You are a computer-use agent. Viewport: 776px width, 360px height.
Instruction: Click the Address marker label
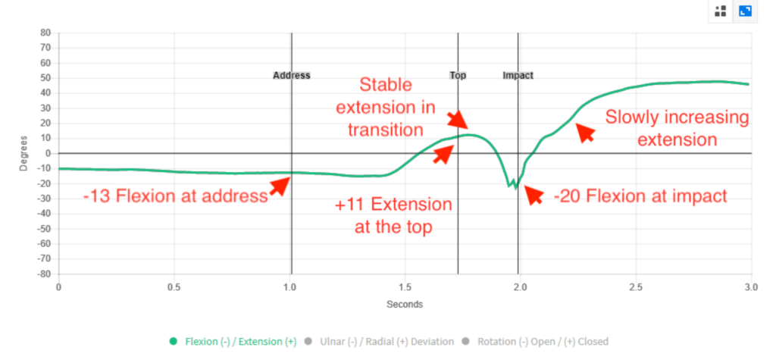291,76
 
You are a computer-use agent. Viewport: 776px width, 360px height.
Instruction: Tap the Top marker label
458,76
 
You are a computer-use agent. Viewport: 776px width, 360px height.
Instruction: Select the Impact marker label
518,76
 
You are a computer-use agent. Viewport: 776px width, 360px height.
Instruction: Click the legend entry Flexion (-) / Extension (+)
233,341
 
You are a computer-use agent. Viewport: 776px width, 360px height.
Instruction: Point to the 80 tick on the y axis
45,33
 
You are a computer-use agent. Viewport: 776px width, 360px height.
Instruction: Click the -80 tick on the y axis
43,274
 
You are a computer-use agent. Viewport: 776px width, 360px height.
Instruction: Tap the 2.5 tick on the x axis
635,288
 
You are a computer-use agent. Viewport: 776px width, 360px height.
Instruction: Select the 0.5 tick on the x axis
174,288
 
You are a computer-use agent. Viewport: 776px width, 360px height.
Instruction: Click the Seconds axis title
404,305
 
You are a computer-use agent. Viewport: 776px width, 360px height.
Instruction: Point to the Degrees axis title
23,154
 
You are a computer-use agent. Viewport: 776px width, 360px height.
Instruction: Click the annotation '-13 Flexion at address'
176,197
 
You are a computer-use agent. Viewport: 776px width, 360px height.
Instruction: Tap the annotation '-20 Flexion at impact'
640,196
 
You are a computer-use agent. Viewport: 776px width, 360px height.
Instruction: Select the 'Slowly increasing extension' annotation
677,129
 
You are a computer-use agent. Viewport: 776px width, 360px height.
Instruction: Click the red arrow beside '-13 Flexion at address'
281,186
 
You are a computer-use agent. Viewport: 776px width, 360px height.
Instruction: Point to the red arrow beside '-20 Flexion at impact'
533,195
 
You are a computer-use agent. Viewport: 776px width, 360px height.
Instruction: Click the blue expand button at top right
745,11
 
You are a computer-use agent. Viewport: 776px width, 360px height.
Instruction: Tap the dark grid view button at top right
721,11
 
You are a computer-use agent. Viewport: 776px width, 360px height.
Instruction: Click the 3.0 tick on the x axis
750,288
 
